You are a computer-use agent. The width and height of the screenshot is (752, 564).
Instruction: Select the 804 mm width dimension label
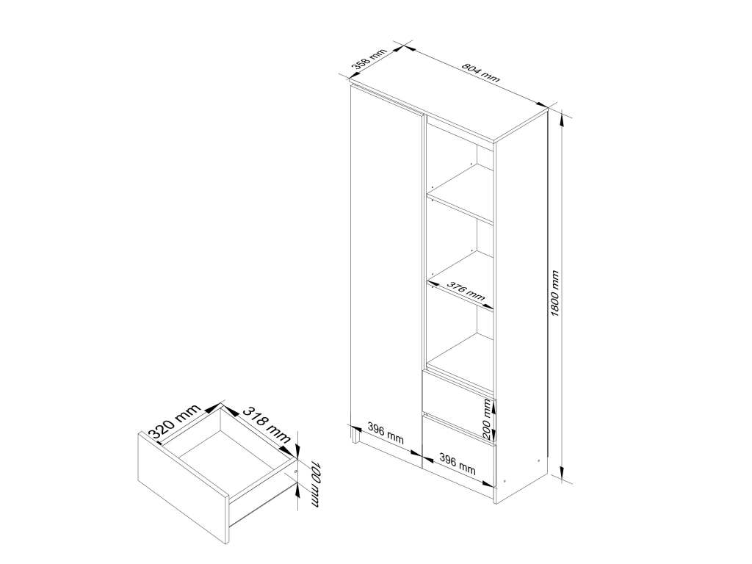(480, 73)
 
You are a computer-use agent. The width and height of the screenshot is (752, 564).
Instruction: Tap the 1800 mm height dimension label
(555, 293)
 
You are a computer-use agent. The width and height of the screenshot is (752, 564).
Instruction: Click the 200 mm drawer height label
(487, 419)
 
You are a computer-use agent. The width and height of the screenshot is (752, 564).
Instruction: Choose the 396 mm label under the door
(386, 432)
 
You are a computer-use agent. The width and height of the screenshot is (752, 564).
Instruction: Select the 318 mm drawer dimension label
(267, 424)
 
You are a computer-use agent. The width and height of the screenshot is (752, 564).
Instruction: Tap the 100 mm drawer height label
(314, 483)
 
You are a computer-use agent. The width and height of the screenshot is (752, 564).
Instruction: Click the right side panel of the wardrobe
(521, 307)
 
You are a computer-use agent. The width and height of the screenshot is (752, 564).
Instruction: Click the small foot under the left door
(356, 435)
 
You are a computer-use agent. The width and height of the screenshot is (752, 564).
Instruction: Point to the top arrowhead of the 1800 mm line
(562, 116)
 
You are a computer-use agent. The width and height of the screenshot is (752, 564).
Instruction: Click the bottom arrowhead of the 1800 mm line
(562, 475)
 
